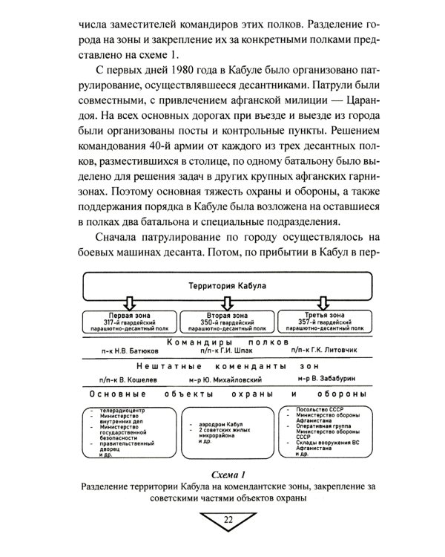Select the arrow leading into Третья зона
point(323,303)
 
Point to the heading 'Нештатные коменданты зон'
point(222,368)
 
